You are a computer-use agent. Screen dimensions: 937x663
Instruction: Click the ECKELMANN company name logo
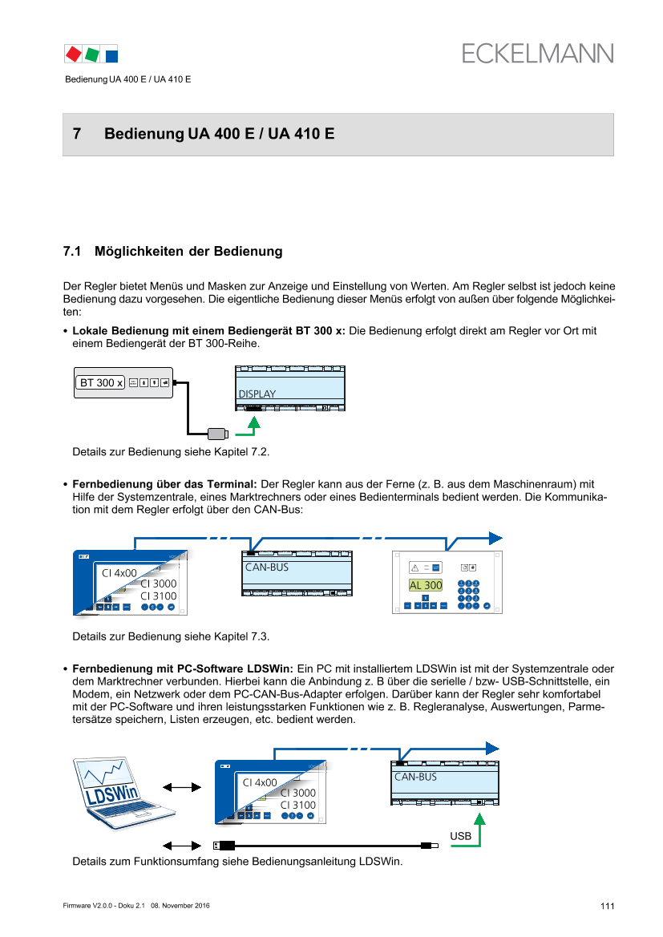(x=537, y=54)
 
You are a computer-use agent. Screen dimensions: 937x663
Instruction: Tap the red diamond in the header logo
(x=73, y=54)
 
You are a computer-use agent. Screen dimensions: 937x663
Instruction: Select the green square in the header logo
(x=92, y=54)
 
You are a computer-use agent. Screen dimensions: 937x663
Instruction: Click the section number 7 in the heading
(x=77, y=134)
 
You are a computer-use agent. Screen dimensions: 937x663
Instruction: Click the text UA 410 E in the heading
(x=306, y=134)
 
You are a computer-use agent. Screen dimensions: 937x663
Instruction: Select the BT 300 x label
(x=100, y=382)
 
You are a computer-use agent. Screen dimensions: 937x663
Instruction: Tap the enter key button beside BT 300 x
(x=165, y=382)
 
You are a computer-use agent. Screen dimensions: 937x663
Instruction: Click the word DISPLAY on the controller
(x=257, y=394)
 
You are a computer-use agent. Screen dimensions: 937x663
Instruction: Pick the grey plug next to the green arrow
(x=216, y=434)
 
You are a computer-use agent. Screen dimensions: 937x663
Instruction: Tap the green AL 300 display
(x=426, y=585)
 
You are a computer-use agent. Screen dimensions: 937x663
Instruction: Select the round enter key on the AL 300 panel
(x=487, y=605)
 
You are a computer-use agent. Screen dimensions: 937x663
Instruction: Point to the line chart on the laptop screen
(x=109, y=776)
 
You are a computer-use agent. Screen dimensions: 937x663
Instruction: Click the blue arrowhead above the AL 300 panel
(x=496, y=538)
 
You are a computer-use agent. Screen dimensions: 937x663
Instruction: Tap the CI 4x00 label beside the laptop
(x=260, y=782)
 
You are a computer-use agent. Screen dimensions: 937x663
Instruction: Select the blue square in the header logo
(x=111, y=55)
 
